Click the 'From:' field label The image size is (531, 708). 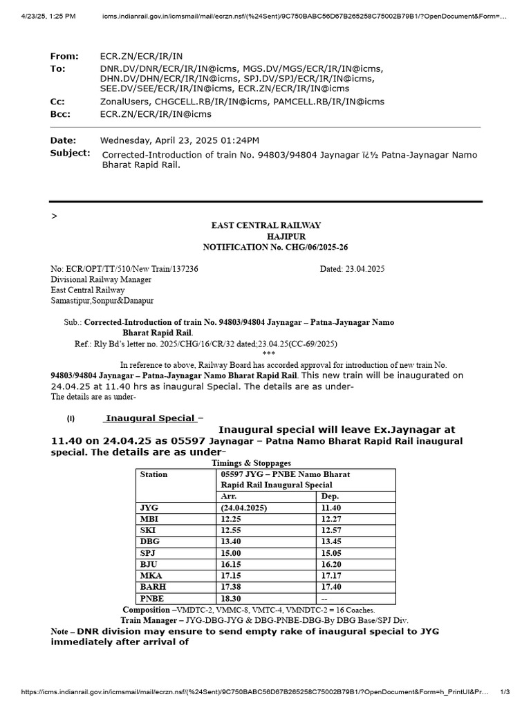pos(65,56)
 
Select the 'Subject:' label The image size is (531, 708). pos(70,153)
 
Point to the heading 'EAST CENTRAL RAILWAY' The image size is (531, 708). pos(265,225)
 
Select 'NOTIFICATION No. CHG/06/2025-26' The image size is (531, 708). pos(265,247)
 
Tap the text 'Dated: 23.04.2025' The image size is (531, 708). pos(351,268)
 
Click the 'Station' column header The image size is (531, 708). pos(153,474)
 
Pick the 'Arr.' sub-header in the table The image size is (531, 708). pos(228,496)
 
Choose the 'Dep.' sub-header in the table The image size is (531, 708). pos(330,496)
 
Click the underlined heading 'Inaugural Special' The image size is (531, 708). pos(149,418)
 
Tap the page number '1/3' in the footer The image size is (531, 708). pos(505,691)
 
